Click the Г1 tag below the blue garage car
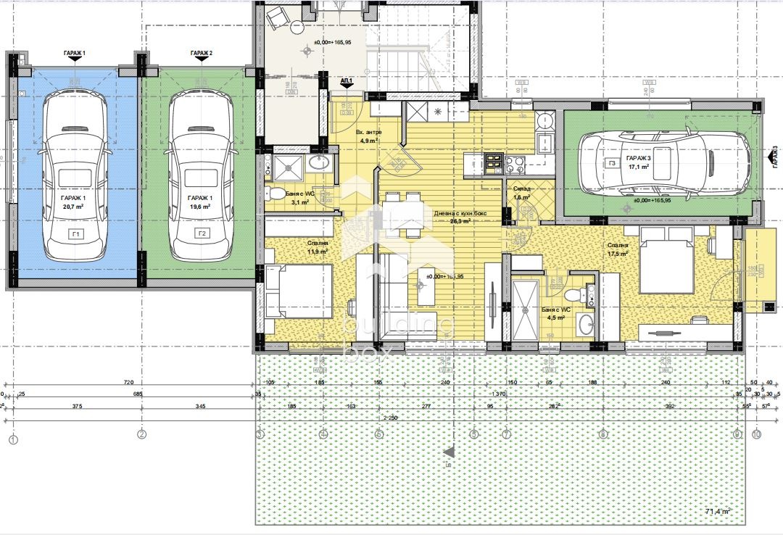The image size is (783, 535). click(75, 233)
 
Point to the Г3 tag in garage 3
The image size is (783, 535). click(612, 164)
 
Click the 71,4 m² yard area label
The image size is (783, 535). click(717, 512)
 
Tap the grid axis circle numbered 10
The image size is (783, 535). click(756, 435)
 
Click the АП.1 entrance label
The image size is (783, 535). click(347, 81)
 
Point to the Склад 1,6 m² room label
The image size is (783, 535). click(521, 193)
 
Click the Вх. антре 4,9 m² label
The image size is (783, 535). click(369, 136)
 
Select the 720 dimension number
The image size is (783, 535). click(130, 382)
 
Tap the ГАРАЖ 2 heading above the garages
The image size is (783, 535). click(201, 54)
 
